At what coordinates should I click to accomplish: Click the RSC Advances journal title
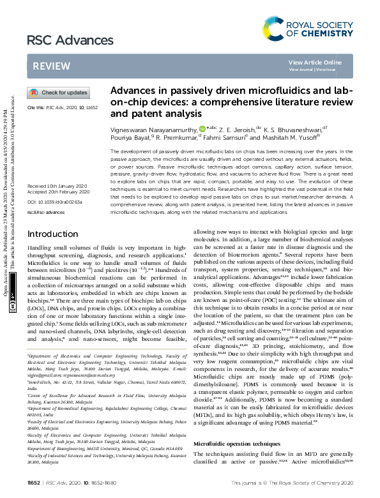coord(65,41)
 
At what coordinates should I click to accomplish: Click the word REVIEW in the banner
coord(47,66)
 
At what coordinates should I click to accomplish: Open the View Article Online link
coord(315,62)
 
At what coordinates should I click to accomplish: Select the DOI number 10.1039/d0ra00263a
coord(61,202)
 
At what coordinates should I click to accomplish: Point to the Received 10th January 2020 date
coord(56,185)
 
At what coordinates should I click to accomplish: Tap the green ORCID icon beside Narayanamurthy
coord(202,128)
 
